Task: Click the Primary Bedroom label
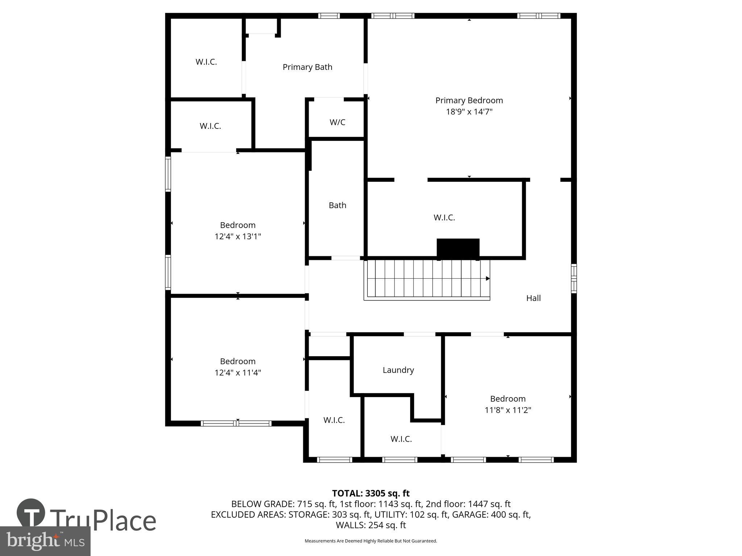pyautogui.click(x=469, y=100)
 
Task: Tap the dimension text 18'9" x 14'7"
pyautogui.click(x=469, y=111)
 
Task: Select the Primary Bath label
pyautogui.click(x=307, y=67)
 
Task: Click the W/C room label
pyautogui.click(x=337, y=122)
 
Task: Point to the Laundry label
pyautogui.click(x=398, y=370)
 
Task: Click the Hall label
pyautogui.click(x=533, y=298)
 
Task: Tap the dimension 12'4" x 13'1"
pyautogui.click(x=238, y=236)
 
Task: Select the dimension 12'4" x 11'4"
pyautogui.click(x=238, y=372)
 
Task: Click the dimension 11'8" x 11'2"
pyautogui.click(x=508, y=410)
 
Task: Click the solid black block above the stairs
pyautogui.click(x=458, y=248)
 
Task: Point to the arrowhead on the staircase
pyautogui.click(x=488, y=278)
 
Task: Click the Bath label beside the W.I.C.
pyautogui.click(x=337, y=205)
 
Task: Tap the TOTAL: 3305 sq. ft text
pyautogui.click(x=371, y=493)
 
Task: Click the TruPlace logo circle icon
pyautogui.click(x=31, y=513)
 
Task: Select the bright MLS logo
pyautogui.click(x=45, y=541)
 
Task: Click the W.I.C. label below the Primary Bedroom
pyautogui.click(x=444, y=218)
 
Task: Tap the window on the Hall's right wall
pyautogui.click(x=574, y=278)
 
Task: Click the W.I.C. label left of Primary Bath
pyautogui.click(x=206, y=62)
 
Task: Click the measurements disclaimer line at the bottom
pyautogui.click(x=371, y=541)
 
